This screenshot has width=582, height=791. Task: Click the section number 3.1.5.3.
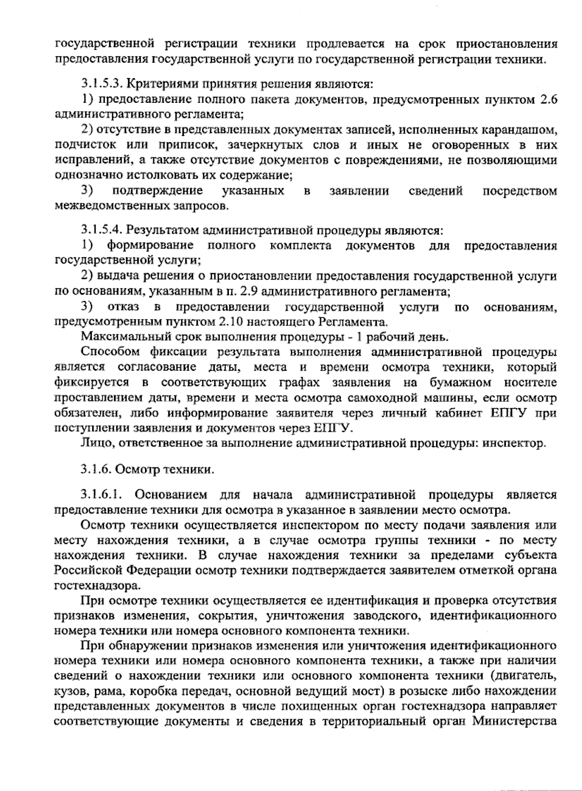click(100, 84)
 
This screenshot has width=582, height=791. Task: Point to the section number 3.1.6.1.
click(101, 495)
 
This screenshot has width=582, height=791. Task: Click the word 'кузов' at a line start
click(69, 691)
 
